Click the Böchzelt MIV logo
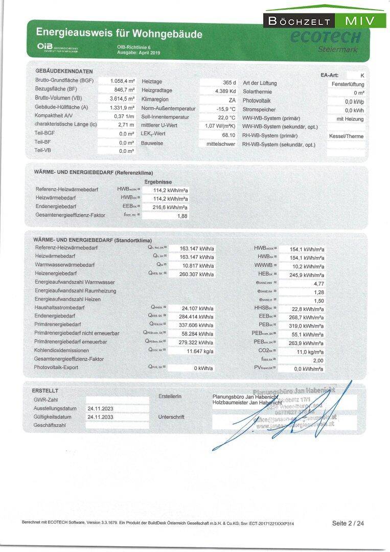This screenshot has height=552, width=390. coord(325,20)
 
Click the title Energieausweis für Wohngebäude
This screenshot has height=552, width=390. coord(119,34)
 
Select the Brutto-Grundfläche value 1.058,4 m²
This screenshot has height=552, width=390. coord(122,81)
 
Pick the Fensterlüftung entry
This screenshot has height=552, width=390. coord(348,83)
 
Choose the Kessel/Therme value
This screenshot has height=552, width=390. coord(347,136)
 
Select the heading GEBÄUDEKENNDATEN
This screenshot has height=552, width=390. coord(64,71)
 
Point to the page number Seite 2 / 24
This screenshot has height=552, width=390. coord(348,523)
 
